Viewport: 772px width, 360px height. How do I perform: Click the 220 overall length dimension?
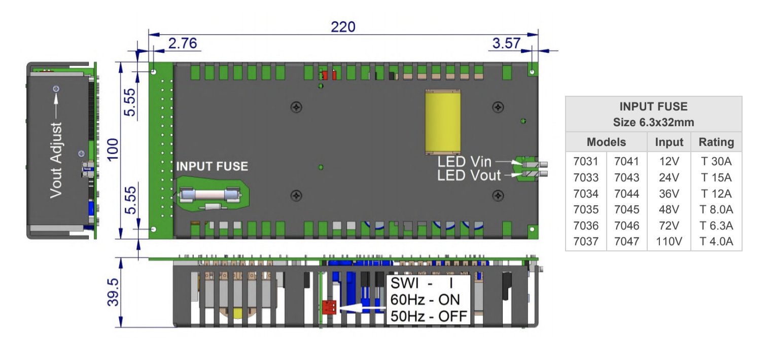[343, 26]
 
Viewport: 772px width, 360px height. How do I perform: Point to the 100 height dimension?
[113, 150]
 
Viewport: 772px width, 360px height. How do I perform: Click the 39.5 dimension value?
[113, 292]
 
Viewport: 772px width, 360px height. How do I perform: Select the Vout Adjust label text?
[56, 160]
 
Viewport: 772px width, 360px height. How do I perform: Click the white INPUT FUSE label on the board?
[212, 166]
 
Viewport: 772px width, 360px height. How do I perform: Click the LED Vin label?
[465, 162]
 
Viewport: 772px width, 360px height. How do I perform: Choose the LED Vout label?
[469, 176]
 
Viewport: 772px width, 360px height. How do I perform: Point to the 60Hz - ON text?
[426, 300]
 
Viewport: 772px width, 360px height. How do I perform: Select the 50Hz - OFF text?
[429, 317]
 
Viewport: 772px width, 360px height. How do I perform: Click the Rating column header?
[716, 142]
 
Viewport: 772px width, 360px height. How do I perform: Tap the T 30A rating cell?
[716, 161]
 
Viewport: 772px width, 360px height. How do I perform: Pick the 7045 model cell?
[627, 209]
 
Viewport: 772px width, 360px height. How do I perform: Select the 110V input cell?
[669, 241]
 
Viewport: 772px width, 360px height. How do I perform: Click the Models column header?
[606, 142]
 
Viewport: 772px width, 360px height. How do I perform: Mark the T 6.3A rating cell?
[716, 226]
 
